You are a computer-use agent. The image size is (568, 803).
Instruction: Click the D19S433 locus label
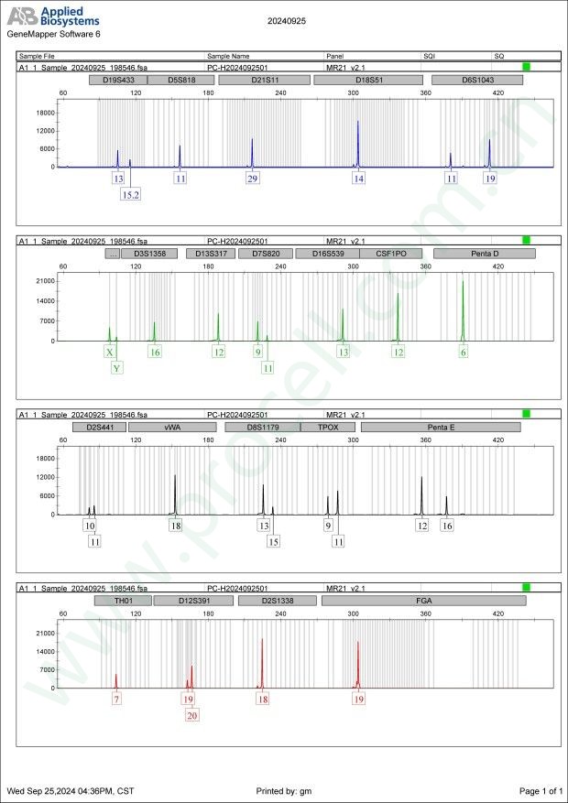click(x=118, y=80)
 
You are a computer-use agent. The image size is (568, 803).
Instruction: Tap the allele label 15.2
click(x=130, y=195)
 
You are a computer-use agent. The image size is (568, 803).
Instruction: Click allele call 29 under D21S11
click(x=252, y=179)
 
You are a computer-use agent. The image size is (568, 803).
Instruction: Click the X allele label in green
click(x=110, y=353)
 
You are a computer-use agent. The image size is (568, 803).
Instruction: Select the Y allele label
click(x=116, y=368)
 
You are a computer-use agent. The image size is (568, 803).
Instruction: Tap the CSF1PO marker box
click(x=391, y=254)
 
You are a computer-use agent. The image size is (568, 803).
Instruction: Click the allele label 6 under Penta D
click(x=464, y=353)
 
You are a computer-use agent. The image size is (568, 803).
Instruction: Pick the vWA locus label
click(x=172, y=427)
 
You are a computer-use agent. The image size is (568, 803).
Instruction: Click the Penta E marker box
click(x=441, y=427)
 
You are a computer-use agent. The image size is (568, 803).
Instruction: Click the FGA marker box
click(x=423, y=601)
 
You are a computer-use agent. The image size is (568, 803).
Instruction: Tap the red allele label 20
click(x=191, y=716)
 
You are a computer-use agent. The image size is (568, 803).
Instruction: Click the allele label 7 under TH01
click(x=116, y=700)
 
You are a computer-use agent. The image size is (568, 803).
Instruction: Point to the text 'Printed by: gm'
click(x=284, y=790)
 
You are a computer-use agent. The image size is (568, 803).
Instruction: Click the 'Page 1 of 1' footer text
click(x=541, y=790)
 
